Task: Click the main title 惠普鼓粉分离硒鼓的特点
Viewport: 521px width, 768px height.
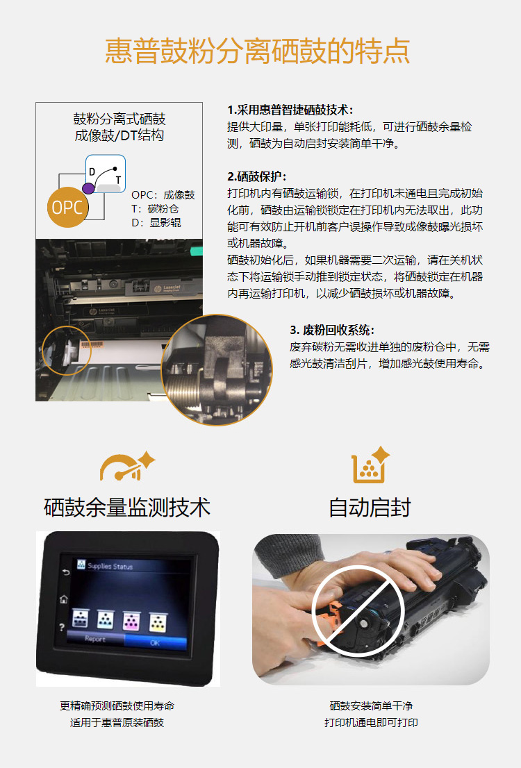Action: tap(257, 51)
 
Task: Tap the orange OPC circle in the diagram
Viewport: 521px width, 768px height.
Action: tap(67, 207)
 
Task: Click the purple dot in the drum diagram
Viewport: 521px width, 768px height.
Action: tap(88, 188)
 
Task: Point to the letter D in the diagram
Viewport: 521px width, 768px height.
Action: tap(92, 172)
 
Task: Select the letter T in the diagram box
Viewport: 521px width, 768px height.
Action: tap(117, 181)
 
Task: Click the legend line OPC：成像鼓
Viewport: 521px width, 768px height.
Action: tap(163, 195)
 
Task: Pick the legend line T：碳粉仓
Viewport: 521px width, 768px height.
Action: tap(155, 208)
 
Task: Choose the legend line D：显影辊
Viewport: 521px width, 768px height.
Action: tap(156, 222)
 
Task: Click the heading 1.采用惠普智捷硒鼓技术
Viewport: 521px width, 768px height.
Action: tap(290, 110)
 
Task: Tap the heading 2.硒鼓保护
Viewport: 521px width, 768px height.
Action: tap(257, 176)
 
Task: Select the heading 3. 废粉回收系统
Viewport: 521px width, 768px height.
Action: tap(332, 330)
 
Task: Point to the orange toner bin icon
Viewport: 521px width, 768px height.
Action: tap(370, 465)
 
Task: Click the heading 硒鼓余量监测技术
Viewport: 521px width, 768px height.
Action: tap(127, 508)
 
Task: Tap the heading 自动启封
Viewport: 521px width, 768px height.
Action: tap(370, 508)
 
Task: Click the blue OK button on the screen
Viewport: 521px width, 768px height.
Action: tap(156, 642)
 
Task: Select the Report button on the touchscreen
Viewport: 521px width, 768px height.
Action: tap(95, 639)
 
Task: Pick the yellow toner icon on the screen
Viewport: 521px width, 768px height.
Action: tap(158, 623)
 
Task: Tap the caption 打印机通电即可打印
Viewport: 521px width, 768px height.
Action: tap(371, 722)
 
